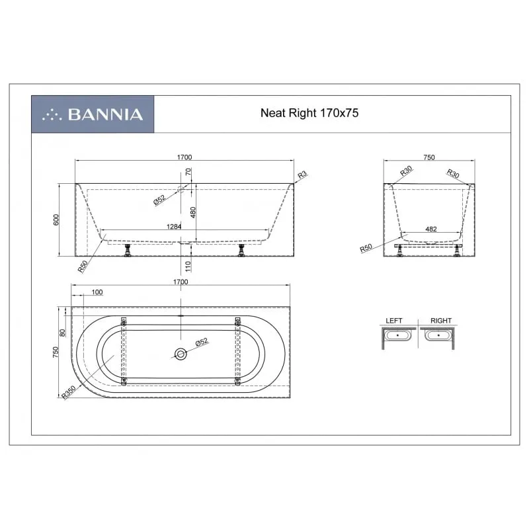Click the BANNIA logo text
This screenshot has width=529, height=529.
tap(105, 114)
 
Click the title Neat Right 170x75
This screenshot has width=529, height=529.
tap(309, 112)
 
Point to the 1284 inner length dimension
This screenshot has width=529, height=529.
tap(174, 227)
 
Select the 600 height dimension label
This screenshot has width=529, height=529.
tap(56, 220)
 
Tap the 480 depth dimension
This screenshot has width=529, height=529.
tap(193, 212)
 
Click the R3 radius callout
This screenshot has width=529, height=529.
tap(302, 175)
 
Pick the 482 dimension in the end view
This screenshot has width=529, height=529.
tap(431, 229)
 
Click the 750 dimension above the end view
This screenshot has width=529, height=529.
tap(428, 157)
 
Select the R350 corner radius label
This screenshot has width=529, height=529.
tap(69, 392)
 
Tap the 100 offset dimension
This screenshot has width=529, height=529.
tap(97, 292)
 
